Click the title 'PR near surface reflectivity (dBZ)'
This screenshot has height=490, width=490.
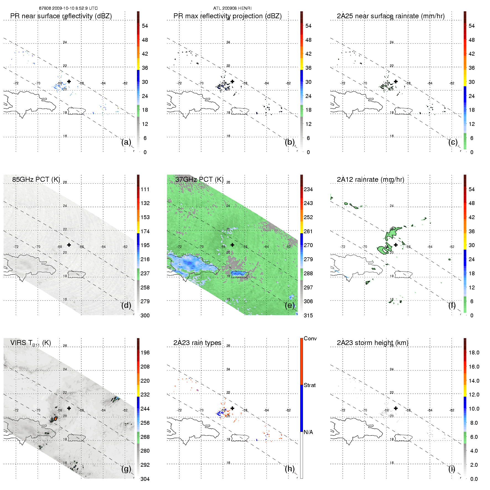coord(61,16)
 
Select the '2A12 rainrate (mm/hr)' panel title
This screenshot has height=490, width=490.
coord(370,180)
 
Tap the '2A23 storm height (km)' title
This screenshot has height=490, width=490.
coord(372,343)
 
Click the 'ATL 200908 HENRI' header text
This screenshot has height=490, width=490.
coord(232,8)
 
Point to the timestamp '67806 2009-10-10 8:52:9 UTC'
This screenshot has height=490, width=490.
coord(68,8)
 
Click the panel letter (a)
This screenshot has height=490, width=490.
coord(126,142)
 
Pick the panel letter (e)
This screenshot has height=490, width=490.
coord(290,305)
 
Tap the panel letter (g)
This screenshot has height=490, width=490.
coord(126,469)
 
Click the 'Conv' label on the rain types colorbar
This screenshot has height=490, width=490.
coord(310,338)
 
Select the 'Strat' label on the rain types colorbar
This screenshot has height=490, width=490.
coord(310,385)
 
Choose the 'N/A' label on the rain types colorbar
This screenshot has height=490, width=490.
coord(308,432)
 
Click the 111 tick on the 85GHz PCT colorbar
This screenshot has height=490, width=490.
coord(145,189)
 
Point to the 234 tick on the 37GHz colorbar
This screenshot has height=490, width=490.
coord(308,189)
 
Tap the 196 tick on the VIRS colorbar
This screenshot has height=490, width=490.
coord(145,352)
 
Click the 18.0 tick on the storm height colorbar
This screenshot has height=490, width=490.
coord(474,352)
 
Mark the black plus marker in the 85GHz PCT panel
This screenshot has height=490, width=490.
coord(69,245)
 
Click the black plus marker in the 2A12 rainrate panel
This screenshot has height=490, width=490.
coord(396,245)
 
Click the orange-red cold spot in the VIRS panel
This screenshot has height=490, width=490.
coord(56,418)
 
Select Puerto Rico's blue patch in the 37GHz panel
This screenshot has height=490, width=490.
coord(238,273)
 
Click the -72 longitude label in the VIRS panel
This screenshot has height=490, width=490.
coord(16,410)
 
